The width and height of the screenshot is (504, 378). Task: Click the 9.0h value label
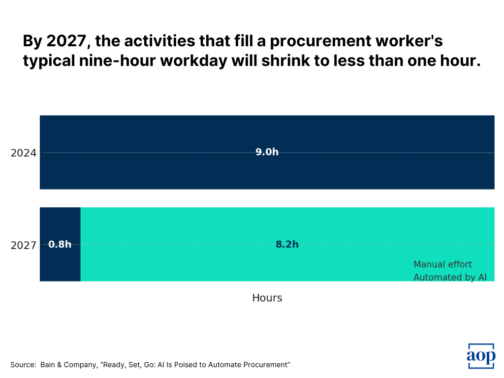267,152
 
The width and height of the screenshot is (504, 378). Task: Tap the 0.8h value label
60,244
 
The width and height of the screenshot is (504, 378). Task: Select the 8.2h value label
287,244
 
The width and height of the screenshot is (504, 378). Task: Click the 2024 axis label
24,153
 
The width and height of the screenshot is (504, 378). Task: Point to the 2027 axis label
24,245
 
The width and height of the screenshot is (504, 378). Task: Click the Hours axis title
267,298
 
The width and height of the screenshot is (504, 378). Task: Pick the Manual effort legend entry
442,264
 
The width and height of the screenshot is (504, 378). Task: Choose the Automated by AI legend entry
450,277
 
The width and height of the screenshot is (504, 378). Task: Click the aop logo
481,356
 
